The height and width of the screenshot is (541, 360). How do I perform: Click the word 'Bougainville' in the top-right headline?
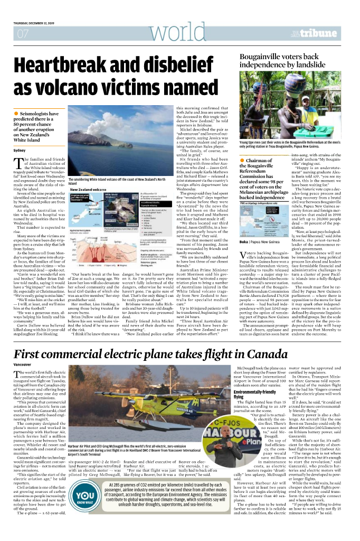tap(264, 57)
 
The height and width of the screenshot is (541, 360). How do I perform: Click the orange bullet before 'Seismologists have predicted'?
tap(16, 114)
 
